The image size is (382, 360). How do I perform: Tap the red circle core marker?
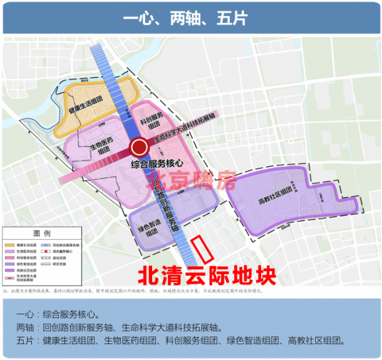pyautogui.click(x=139, y=149)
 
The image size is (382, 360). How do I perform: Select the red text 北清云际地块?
pyautogui.click(x=208, y=277)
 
